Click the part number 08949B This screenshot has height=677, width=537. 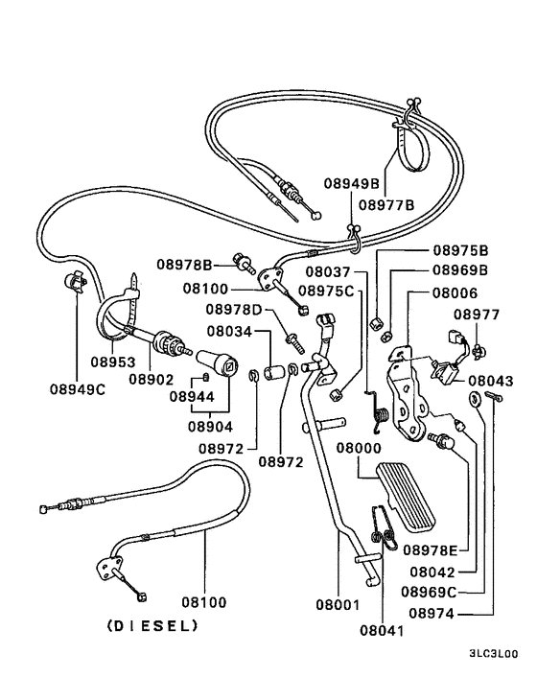pyautogui.click(x=351, y=182)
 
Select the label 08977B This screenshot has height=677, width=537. pyautogui.click(x=386, y=203)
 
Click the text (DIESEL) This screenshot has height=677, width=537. pyautogui.click(x=152, y=626)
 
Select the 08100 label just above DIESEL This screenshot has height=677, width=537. pyautogui.click(x=204, y=602)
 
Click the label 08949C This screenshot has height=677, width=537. pyautogui.click(x=77, y=389)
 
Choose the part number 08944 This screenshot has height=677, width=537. pyautogui.click(x=193, y=395)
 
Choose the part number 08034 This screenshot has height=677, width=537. pyautogui.click(x=230, y=332)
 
